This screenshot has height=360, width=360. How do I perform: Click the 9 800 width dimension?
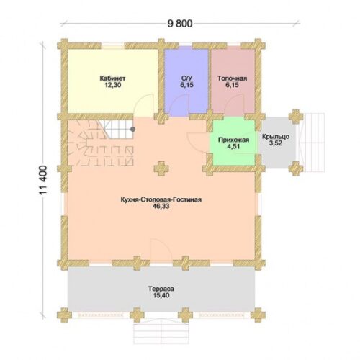pos(180,24)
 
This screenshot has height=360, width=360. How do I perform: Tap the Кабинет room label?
pos(112,78)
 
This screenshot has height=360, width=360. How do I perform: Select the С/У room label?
pos(186,78)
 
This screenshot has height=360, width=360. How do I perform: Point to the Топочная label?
pos(232,78)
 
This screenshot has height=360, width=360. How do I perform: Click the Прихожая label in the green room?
pos(233,140)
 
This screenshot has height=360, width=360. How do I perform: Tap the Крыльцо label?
pos(276,137)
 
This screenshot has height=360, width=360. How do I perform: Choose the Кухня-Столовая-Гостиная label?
pos(161,199)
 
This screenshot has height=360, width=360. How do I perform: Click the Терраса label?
pos(161,289)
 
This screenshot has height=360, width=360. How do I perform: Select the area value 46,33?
pos(161,206)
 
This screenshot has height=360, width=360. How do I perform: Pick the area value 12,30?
pos(112,85)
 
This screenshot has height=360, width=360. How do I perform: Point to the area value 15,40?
pos(161,295)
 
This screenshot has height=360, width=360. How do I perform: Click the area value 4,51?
pos(233,146)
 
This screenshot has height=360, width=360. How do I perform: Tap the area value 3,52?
pos(276,143)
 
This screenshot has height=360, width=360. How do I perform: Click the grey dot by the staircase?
pos(132,130)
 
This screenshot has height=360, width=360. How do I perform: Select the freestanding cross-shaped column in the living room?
pos(161,168)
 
